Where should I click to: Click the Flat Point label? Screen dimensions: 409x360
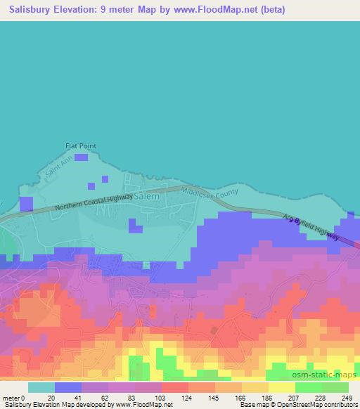tap(77, 146)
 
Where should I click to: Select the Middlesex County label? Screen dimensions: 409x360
tap(210, 193)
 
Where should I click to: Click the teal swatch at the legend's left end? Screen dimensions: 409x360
tap(41, 387)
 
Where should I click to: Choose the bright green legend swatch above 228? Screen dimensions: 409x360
tap(308, 387)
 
